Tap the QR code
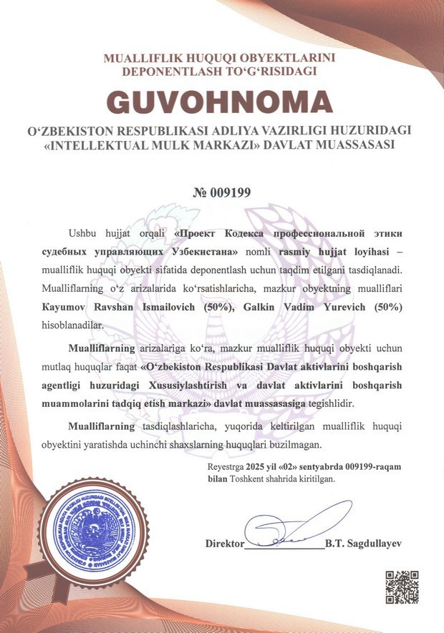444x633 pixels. point(402,586)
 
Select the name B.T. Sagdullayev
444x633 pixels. point(363,544)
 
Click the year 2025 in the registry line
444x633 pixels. point(254,466)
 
